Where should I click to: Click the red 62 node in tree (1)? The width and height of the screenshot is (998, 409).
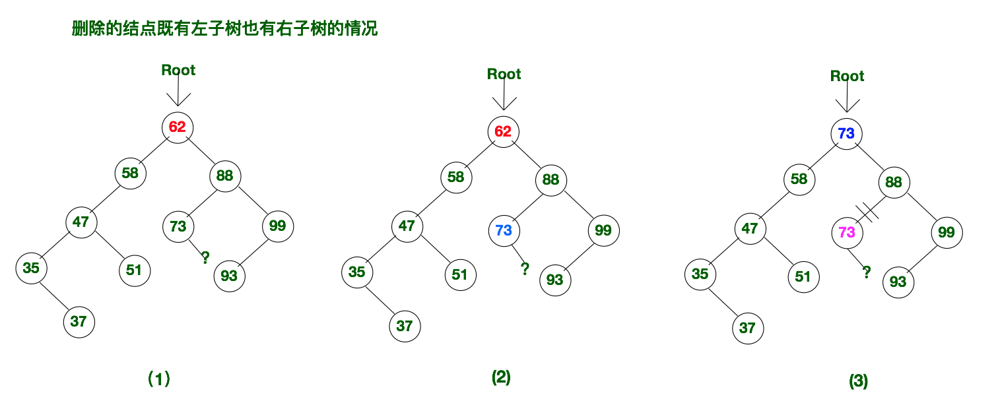click(178, 127)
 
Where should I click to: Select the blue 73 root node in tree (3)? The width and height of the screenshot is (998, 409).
click(846, 134)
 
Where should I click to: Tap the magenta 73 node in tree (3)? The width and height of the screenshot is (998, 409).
click(847, 232)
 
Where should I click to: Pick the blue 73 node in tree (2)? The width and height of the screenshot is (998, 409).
click(504, 230)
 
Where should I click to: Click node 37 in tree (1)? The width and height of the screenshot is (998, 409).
click(79, 322)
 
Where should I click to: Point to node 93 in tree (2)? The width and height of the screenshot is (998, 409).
click(555, 280)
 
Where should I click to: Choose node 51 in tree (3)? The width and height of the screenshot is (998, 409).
click(803, 276)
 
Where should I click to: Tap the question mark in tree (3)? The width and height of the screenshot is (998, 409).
click(867, 271)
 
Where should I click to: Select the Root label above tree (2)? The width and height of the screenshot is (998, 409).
click(504, 74)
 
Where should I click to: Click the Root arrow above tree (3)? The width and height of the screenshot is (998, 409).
click(847, 98)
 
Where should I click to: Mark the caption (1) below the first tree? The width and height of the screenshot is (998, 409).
click(158, 379)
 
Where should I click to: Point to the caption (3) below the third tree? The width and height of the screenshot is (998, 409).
click(858, 381)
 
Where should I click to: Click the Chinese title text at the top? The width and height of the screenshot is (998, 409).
click(224, 30)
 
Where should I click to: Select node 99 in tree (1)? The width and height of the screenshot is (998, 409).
click(278, 226)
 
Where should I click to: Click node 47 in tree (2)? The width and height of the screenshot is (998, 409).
click(407, 226)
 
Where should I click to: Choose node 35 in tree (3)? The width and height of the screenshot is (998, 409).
click(700, 273)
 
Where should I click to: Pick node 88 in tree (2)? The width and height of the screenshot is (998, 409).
click(551, 179)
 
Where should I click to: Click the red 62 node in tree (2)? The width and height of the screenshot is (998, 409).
click(503, 131)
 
